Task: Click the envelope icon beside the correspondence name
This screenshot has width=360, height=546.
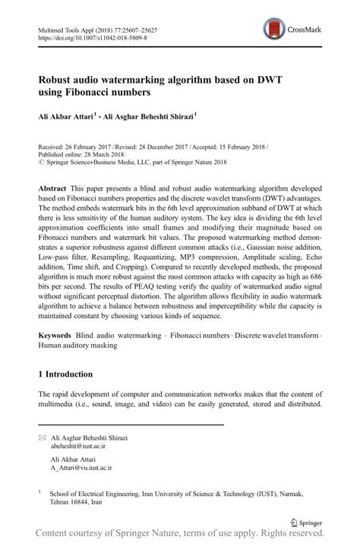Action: tap(42, 438)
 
